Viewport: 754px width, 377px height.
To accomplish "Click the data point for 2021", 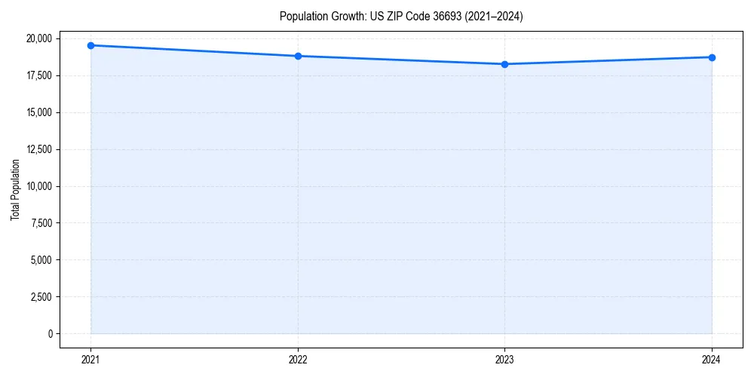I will pos(90,45).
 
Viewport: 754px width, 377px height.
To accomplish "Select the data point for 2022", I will pos(298,56).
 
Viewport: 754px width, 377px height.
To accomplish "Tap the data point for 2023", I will pos(504,64).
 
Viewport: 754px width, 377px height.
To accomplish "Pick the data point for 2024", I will pos(712,57).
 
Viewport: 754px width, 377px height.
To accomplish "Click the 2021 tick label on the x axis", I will pos(90,360).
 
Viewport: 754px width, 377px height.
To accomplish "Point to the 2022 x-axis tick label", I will pos(298,360).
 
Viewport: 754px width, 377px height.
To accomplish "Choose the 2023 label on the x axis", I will pos(504,360).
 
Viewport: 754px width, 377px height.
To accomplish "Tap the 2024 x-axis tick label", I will pos(712,360).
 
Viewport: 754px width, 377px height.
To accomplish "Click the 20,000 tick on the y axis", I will pos(38,38).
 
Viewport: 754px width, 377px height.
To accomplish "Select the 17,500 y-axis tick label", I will pos(38,75).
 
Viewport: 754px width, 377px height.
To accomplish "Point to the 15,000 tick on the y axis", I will pos(38,112).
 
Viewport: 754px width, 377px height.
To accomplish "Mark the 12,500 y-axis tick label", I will pos(38,149).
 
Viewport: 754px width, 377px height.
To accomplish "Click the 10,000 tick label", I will pos(38,186).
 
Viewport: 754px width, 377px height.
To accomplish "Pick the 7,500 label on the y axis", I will pos(40,222).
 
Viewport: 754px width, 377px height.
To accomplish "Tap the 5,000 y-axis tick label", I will pos(40,259).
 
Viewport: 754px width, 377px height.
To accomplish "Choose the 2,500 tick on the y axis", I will pos(40,296).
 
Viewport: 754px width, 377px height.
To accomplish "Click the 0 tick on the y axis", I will pos(50,333).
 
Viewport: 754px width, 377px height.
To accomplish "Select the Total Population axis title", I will pos(15,189).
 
